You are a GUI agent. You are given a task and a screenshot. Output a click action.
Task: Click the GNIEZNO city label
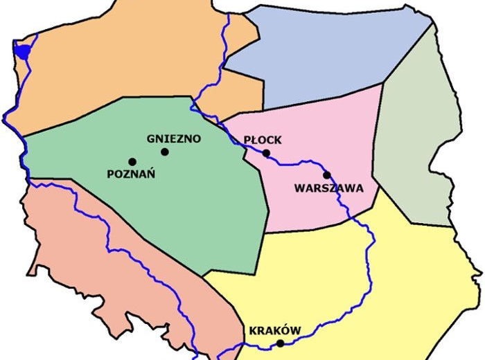(x=174, y=138)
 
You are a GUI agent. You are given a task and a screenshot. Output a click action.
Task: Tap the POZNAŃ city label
(x=131, y=174)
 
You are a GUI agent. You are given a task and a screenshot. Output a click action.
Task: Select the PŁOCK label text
(x=263, y=139)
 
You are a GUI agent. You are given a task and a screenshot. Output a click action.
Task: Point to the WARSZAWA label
(x=328, y=188)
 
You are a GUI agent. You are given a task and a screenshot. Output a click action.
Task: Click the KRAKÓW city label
(x=275, y=331)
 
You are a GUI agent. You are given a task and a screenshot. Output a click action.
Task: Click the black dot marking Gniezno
(x=165, y=152)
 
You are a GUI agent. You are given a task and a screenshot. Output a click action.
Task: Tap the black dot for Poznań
(x=132, y=161)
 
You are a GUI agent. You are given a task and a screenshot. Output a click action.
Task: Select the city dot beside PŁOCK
(x=266, y=153)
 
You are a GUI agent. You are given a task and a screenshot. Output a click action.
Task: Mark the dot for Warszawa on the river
(x=327, y=175)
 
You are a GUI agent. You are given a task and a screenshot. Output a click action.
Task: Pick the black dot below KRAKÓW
(x=280, y=343)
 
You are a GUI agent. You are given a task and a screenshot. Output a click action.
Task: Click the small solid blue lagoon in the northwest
(x=22, y=51)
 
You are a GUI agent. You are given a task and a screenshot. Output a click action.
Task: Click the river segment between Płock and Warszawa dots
(x=298, y=163)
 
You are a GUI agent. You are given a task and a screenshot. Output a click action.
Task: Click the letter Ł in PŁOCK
(x=254, y=139)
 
